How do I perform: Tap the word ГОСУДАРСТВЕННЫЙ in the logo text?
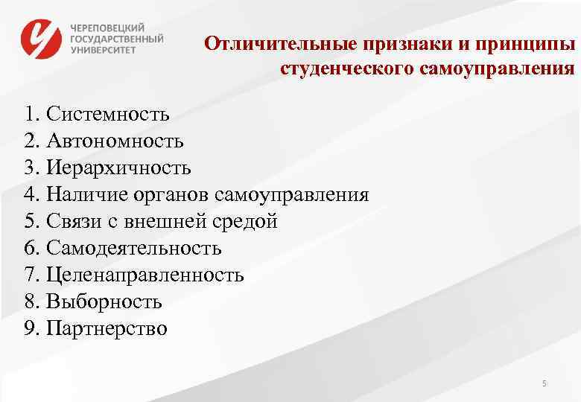coord(117,38)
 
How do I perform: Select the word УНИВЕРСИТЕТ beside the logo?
coord(104,50)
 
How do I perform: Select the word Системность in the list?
coord(107,114)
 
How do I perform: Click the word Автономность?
coord(115,141)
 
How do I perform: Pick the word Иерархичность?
coord(118,167)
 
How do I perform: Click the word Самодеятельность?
coord(133,248)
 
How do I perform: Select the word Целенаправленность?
coord(145,275)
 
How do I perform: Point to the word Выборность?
coord(104,301)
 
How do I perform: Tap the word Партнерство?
coord(107,328)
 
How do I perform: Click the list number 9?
coord(29,328)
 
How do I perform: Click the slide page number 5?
coord(545,383)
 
